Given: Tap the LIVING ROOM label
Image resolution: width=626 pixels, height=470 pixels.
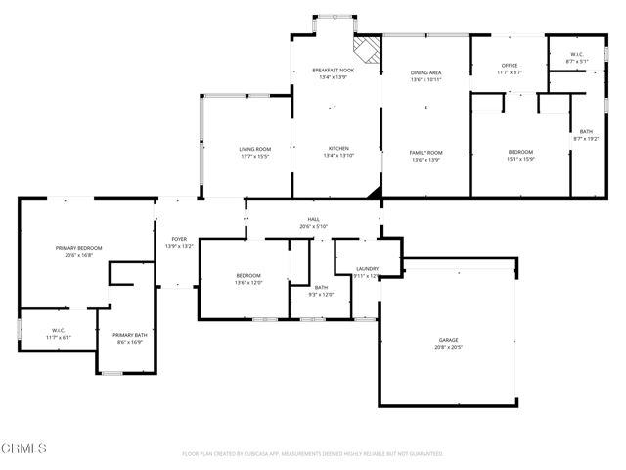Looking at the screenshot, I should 254,149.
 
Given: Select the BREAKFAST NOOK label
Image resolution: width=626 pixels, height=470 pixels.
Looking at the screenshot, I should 332,70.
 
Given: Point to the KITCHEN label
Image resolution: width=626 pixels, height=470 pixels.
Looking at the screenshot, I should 337,149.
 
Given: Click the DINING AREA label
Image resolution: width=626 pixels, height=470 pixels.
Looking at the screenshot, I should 425,72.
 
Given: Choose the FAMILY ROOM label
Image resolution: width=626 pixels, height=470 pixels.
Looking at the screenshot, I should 425,152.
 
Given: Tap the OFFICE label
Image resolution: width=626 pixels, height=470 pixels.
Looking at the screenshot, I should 509,66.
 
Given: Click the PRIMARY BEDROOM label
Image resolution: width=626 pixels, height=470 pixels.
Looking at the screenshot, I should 78,248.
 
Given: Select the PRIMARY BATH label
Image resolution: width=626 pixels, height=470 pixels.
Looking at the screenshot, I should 129,335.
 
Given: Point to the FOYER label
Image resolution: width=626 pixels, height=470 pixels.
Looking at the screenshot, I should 179,239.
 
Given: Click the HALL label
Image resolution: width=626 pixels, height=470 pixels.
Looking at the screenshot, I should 313,219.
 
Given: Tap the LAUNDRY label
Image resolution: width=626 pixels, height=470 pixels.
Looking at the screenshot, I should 367,268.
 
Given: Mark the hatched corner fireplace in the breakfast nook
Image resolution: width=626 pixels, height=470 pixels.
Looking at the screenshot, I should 367,49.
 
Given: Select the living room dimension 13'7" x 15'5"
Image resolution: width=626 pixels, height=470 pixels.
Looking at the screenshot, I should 254,156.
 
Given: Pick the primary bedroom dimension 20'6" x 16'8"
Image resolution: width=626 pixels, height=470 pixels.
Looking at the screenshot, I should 78,255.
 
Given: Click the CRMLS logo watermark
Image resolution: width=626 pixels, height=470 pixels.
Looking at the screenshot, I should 24,448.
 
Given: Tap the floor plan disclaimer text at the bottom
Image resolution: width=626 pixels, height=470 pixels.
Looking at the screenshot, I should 313,453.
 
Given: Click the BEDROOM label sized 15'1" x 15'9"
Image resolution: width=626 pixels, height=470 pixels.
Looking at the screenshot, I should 520,151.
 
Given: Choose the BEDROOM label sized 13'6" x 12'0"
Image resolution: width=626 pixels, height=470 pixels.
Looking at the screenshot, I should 247,276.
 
